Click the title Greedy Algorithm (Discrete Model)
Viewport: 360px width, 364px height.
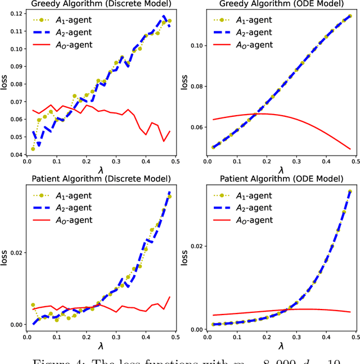point(101,4)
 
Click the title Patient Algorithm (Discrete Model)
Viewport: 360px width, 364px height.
point(101,179)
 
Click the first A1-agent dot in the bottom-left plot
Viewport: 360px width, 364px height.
point(33,305)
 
